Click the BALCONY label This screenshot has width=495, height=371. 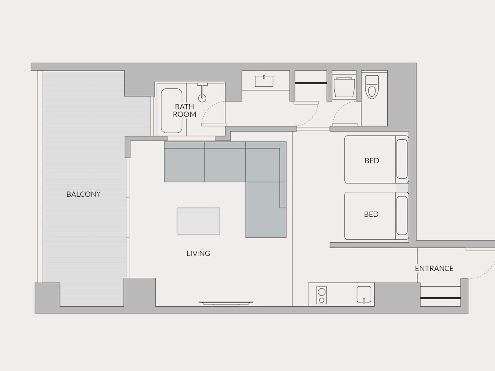[x=84, y=194]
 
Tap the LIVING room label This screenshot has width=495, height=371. [x=198, y=253]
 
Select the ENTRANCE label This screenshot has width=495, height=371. [x=434, y=268]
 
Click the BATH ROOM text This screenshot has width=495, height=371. [x=184, y=111]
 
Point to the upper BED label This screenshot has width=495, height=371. [x=372, y=161]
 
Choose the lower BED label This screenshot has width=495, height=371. [x=371, y=214]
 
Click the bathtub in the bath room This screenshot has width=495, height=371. [x=171, y=110]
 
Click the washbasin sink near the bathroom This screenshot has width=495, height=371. [x=264, y=81]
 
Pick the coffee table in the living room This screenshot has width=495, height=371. [x=198, y=221]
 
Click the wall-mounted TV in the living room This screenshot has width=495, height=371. [x=226, y=303]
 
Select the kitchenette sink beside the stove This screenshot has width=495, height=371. [x=364, y=295]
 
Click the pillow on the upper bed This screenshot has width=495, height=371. [x=402, y=159]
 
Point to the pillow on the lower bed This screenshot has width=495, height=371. [x=402, y=216]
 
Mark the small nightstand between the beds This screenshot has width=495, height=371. [x=402, y=187]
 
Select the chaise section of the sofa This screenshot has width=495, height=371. [x=266, y=209]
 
